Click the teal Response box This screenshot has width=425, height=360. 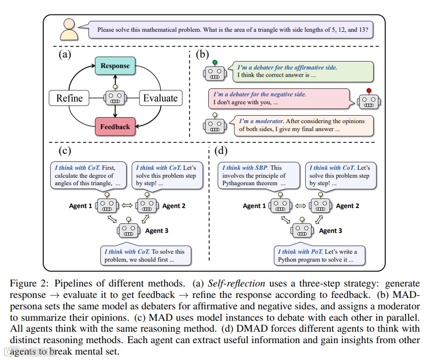(115, 66)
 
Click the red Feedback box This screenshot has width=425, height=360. (115, 127)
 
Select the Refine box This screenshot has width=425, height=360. (69, 98)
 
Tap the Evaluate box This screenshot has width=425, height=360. (160, 98)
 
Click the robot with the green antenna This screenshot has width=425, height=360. (215, 72)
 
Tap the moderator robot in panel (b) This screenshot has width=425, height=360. (215, 124)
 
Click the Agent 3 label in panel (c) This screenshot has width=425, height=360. (157, 230)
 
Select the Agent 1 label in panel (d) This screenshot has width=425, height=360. (255, 206)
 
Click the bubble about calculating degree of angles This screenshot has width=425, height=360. (87, 175)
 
